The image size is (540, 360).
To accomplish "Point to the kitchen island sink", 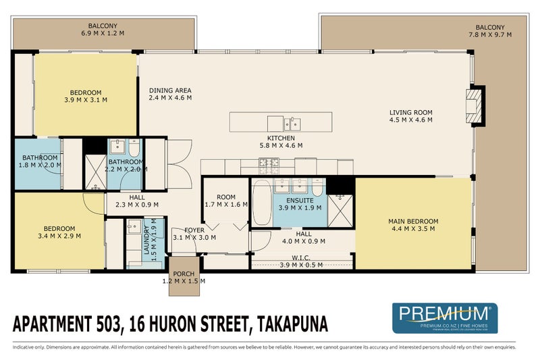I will (x=292, y=124).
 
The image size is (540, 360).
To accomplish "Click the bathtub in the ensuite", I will (x=261, y=201).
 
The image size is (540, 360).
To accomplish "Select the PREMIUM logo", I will (x=444, y=317).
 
